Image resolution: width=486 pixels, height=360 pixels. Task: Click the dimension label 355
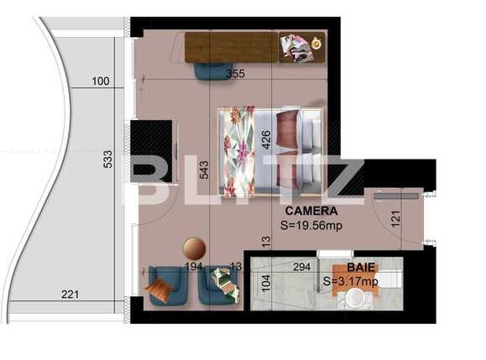235,74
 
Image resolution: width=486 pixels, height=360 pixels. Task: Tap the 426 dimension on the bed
265,138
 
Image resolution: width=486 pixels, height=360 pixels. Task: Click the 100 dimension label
101,81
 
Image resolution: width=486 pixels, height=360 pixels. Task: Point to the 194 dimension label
195,267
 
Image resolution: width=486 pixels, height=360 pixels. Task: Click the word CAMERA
311,211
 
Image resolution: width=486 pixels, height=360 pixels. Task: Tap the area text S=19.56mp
311,225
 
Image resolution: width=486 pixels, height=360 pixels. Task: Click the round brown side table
195,248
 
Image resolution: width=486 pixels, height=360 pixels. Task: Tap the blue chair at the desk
212,70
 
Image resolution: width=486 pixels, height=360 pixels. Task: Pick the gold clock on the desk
316,42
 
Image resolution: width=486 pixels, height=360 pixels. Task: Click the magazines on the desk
295,48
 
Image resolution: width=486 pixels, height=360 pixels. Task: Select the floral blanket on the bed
238,150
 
